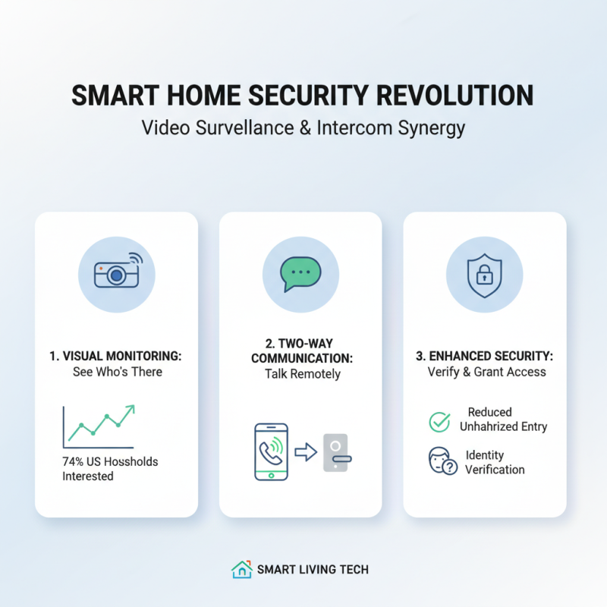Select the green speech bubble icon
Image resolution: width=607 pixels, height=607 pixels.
pos(300,272)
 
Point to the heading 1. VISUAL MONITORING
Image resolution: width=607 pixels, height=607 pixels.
pos(116,355)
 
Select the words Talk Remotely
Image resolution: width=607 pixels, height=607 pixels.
pos(303,374)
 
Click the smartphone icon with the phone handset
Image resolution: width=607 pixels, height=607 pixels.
pos(270,451)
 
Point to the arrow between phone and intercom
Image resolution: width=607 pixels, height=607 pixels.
pos(304,452)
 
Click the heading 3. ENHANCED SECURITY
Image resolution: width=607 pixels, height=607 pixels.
pos(485,355)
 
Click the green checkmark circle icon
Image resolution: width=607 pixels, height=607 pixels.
pos(439,422)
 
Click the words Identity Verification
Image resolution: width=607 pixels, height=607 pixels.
pos(494,462)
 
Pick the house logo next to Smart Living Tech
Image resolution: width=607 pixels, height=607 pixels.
pos(241,569)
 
